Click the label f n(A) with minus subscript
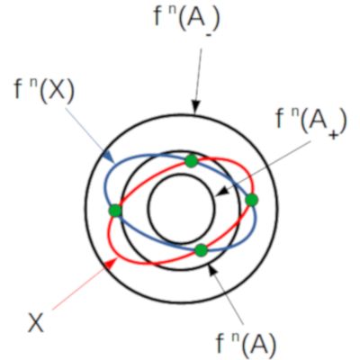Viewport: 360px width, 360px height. [187, 22]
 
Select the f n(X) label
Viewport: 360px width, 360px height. [44, 89]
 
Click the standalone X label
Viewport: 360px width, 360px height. [36, 322]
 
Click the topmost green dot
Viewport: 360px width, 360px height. [191, 161]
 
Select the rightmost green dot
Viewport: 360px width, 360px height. [252, 200]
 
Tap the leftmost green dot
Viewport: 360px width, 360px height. [115, 211]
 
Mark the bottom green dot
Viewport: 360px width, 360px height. [202, 250]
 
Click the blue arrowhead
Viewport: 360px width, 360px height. [109, 157]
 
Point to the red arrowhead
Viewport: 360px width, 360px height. [111, 264]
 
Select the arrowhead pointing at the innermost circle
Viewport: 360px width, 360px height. [221, 192]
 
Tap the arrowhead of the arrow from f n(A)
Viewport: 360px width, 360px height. [212, 269]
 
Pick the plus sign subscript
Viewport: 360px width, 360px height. [331, 135]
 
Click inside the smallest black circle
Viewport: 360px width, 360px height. [182, 209]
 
